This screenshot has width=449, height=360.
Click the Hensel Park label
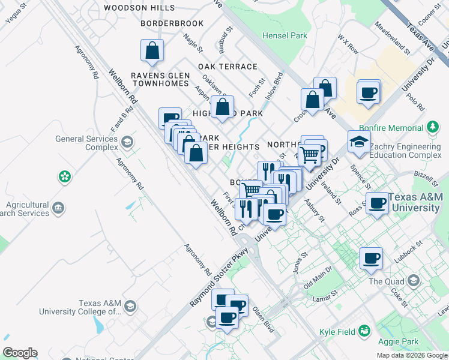[285, 36]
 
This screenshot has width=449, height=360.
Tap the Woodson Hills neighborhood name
[139, 8]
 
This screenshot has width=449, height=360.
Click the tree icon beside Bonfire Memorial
[432, 127]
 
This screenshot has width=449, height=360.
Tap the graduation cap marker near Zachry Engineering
[359, 142]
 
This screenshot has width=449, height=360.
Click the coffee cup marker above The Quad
[371, 258]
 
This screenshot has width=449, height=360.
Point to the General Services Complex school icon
[127, 142]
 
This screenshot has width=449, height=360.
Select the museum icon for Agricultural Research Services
[58, 208]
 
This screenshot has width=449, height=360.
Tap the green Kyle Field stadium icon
[364, 331]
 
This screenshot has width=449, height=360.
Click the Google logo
[19, 353]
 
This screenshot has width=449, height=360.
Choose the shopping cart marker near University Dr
[309, 155]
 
